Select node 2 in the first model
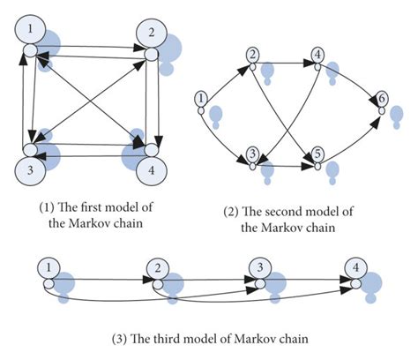tap(151, 33)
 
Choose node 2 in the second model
tap(254, 56)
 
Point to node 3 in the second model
tap(253, 151)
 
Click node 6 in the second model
tap(381, 98)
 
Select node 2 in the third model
tap(157, 266)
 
